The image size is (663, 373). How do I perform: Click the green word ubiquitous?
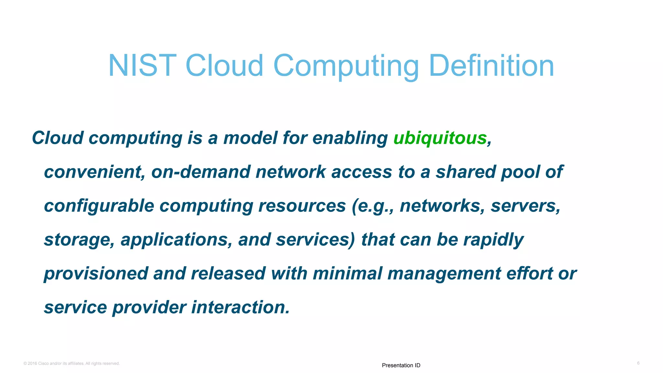(x=440, y=138)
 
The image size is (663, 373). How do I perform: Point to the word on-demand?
(x=200, y=172)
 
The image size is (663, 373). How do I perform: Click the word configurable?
(x=99, y=206)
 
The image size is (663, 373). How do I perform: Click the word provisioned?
(x=96, y=274)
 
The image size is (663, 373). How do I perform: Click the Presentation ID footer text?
(x=401, y=365)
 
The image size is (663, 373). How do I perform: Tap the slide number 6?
(x=638, y=363)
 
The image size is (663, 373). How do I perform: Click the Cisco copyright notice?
(x=72, y=363)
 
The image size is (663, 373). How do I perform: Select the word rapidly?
(x=493, y=240)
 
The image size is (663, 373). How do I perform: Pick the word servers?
(x=525, y=206)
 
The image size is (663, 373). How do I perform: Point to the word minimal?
(x=347, y=274)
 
